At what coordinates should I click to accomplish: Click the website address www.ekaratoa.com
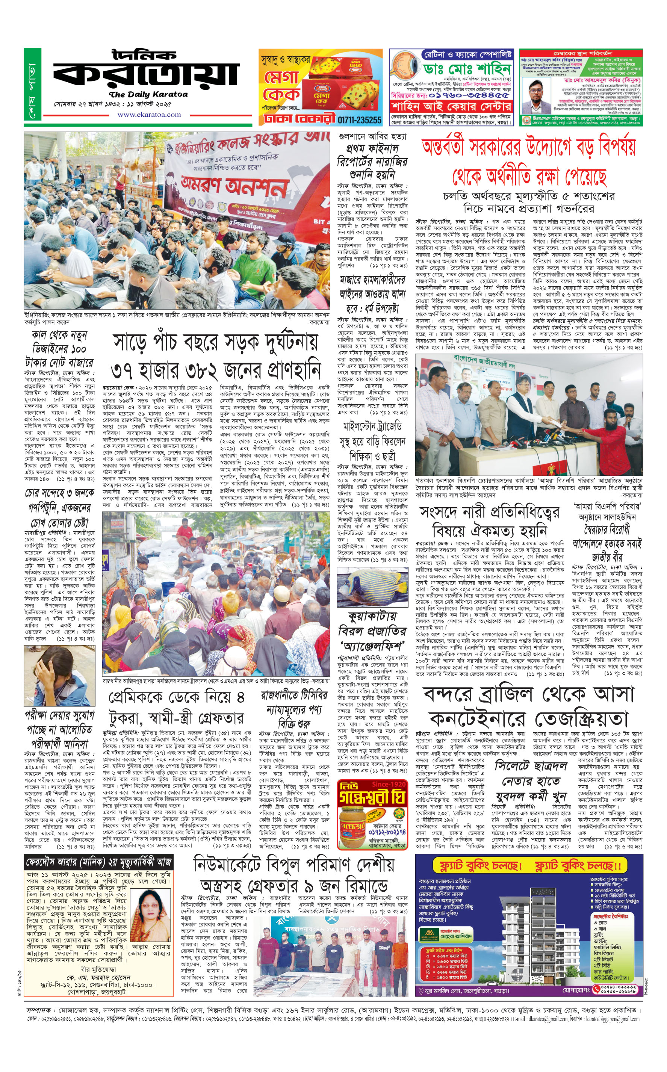click(x=149, y=115)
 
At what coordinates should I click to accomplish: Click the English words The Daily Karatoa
click(x=148, y=94)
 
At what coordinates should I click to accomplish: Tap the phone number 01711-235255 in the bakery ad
click(x=360, y=119)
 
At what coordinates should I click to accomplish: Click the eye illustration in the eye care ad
click(x=405, y=70)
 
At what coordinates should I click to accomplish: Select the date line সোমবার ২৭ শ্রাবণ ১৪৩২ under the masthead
click(x=112, y=104)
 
